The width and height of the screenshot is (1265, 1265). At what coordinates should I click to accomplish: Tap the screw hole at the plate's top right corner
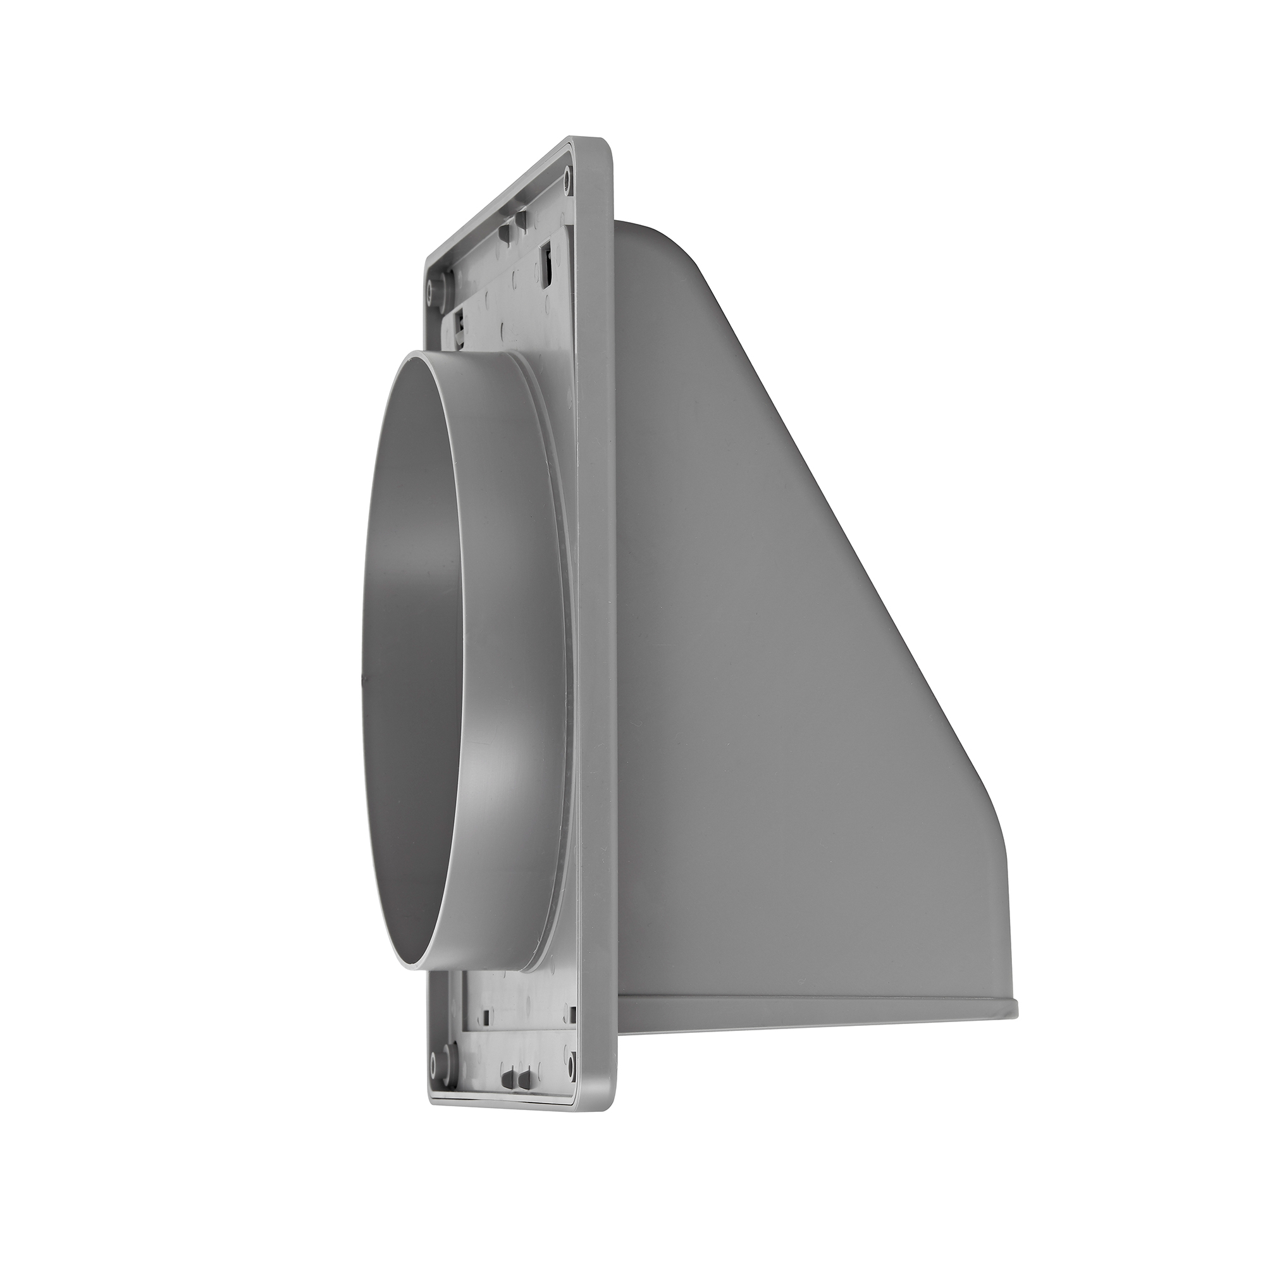(x=567, y=174)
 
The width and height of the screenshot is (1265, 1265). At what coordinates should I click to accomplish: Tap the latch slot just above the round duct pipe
(x=463, y=322)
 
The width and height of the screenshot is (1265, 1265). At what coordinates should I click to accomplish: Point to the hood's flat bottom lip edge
(x=786, y=1021)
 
